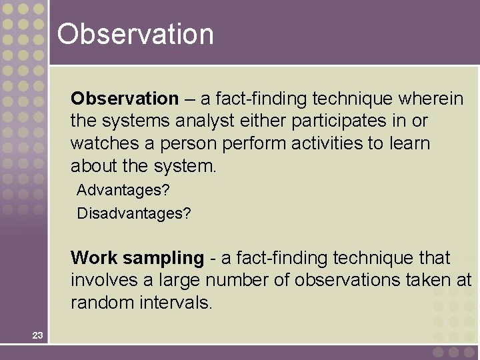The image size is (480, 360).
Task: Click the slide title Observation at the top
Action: (x=135, y=34)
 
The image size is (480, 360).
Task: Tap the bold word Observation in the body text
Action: (x=125, y=99)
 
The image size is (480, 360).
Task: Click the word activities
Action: (x=337, y=143)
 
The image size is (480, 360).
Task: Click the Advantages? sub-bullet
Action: (x=123, y=190)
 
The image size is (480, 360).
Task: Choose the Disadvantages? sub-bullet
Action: (x=134, y=213)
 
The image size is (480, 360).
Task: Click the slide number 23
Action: (x=37, y=335)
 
